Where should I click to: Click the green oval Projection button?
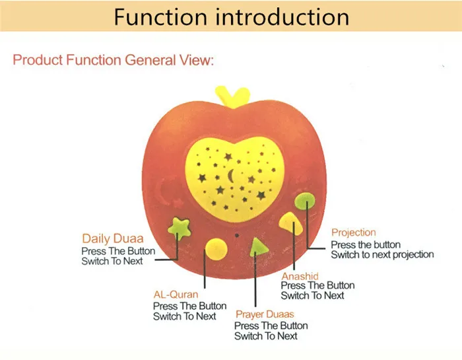point(305,200)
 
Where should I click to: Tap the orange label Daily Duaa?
point(113,239)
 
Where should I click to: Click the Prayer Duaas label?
point(264,314)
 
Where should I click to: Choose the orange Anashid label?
point(300,275)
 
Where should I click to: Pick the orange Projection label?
point(353,233)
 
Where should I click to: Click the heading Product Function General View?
point(114,60)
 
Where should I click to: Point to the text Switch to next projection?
point(382,254)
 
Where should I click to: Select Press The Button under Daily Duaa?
point(118,251)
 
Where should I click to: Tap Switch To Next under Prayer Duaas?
point(266,336)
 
